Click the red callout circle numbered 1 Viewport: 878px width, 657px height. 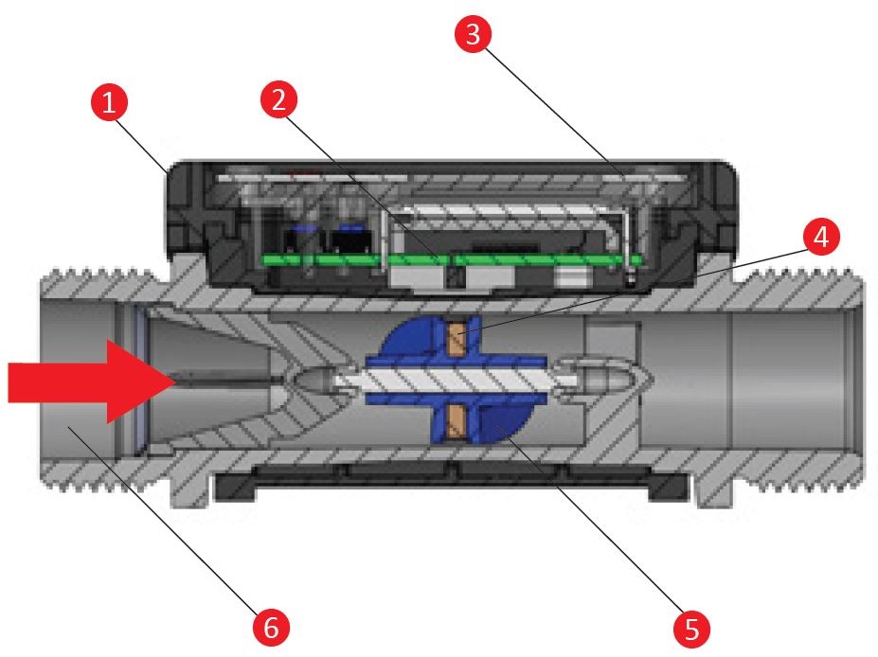pyautogui.click(x=109, y=102)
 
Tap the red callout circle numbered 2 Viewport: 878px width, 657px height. pyautogui.click(x=278, y=99)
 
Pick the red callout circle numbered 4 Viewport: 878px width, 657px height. pyautogui.click(x=821, y=236)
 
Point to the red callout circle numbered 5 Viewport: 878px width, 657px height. pyautogui.click(x=691, y=629)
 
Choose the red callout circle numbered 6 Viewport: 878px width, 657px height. pyautogui.click(x=271, y=627)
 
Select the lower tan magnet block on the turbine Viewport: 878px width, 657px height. pyautogui.click(x=457, y=421)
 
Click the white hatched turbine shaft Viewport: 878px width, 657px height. pyautogui.click(x=455, y=382)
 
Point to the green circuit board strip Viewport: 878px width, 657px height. pyautogui.click(x=452, y=260)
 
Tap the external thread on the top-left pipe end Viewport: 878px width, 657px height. pyautogui.click(x=103, y=275)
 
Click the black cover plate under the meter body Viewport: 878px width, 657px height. pyautogui.click(x=452, y=481)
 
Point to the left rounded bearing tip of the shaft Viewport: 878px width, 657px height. pyautogui.click(x=314, y=381)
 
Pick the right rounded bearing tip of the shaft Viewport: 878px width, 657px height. pyautogui.click(x=601, y=380)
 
